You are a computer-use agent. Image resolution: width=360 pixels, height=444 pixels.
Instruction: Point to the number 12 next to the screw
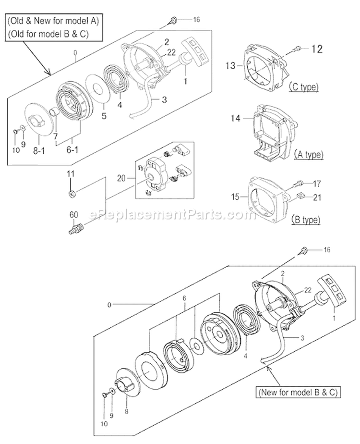[x=317, y=48]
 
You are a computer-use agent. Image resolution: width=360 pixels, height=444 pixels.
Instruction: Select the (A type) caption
[x=307, y=155]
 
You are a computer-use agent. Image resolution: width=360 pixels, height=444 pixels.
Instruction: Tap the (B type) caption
[x=305, y=220]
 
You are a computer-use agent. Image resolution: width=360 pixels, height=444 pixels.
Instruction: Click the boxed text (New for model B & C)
[x=297, y=392]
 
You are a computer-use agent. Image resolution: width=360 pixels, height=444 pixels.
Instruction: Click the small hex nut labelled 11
[x=71, y=194]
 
